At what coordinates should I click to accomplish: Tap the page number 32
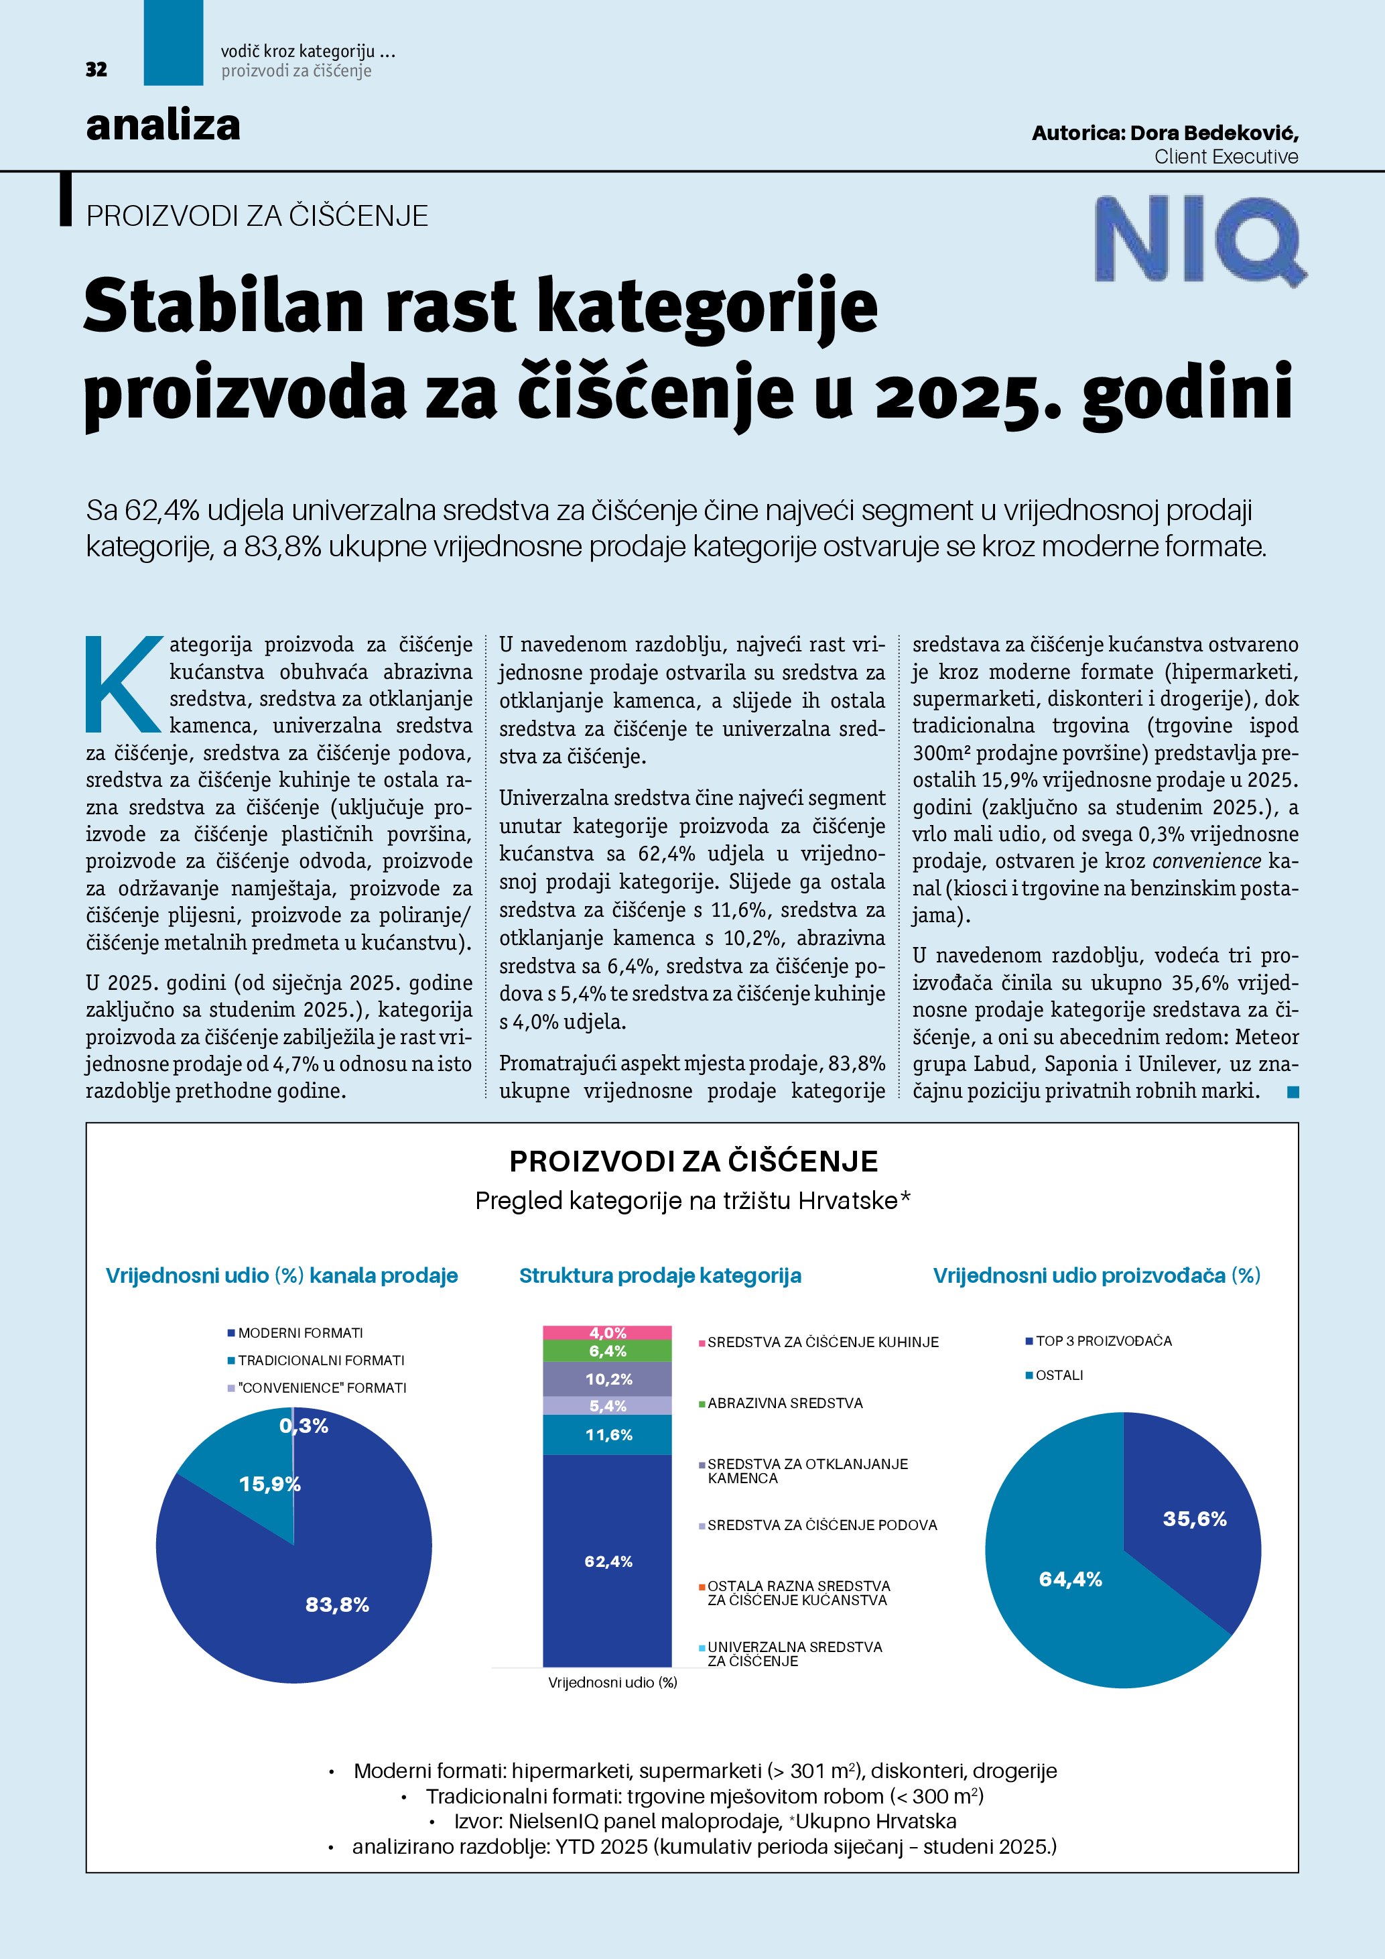click(x=96, y=70)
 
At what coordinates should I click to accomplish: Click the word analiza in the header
click(x=163, y=125)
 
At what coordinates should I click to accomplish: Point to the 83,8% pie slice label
click(x=337, y=1605)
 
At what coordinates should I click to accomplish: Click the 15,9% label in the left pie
click(x=269, y=1484)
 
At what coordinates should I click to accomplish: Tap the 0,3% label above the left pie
click(x=304, y=1426)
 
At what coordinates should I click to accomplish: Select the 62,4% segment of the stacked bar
click(x=607, y=1562)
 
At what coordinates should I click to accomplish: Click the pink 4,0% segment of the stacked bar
click(x=607, y=1333)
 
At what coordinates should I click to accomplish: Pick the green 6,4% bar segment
click(x=607, y=1350)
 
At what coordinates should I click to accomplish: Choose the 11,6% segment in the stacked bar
click(x=607, y=1435)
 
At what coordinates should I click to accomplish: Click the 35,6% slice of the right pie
click(x=1194, y=1519)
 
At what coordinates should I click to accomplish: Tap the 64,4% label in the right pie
click(x=1070, y=1579)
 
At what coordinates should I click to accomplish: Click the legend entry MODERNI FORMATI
click(x=300, y=1333)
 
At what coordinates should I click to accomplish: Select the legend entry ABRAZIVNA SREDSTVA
click(x=785, y=1403)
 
